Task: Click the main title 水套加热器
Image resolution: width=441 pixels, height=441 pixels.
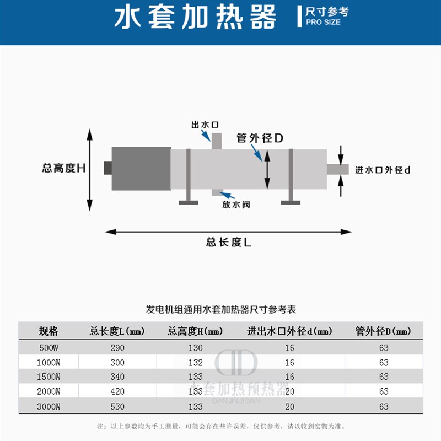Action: point(195,18)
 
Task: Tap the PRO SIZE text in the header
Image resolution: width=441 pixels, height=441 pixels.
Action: point(323,23)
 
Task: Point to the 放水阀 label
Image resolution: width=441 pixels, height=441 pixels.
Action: point(236,205)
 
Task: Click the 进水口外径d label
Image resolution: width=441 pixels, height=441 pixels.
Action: point(383,170)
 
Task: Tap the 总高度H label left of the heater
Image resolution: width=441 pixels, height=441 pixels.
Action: point(64,168)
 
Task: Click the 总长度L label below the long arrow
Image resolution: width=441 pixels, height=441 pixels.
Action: point(228,242)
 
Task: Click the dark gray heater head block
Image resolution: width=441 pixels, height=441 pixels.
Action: point(141,169)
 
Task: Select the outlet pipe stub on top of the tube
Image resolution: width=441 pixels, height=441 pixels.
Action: point(216,141)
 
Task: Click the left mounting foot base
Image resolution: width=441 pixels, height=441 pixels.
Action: point(188,203)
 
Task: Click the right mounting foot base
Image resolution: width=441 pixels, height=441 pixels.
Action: point(291,203)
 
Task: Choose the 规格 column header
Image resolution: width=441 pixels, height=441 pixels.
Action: point(48,331)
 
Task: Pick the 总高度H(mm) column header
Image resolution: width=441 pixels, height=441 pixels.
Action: point(196,331)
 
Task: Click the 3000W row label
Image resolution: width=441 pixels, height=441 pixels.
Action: point(49,406)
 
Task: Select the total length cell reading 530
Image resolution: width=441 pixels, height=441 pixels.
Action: point(117,406)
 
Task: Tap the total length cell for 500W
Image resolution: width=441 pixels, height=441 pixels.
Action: point(117,348)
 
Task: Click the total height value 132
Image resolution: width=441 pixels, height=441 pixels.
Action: point(196,362)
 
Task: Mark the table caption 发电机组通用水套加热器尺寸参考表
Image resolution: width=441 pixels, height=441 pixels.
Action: point(220,309)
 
